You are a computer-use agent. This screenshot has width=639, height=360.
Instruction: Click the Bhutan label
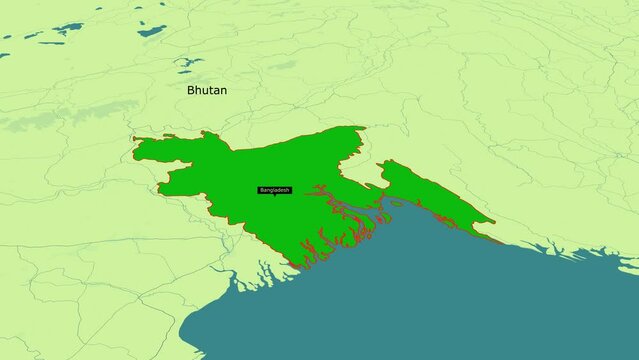(207, 90)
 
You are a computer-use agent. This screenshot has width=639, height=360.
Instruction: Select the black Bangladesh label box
(274, 189)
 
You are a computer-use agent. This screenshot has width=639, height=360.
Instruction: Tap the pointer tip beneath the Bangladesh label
(274, 196)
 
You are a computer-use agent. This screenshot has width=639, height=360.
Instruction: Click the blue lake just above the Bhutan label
(187, 62)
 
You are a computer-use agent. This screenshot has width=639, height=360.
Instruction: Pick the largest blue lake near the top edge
(152, 30)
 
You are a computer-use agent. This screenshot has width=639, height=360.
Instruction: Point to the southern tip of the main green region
(296, 267)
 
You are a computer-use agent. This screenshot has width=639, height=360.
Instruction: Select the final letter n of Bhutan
(223, 91)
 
